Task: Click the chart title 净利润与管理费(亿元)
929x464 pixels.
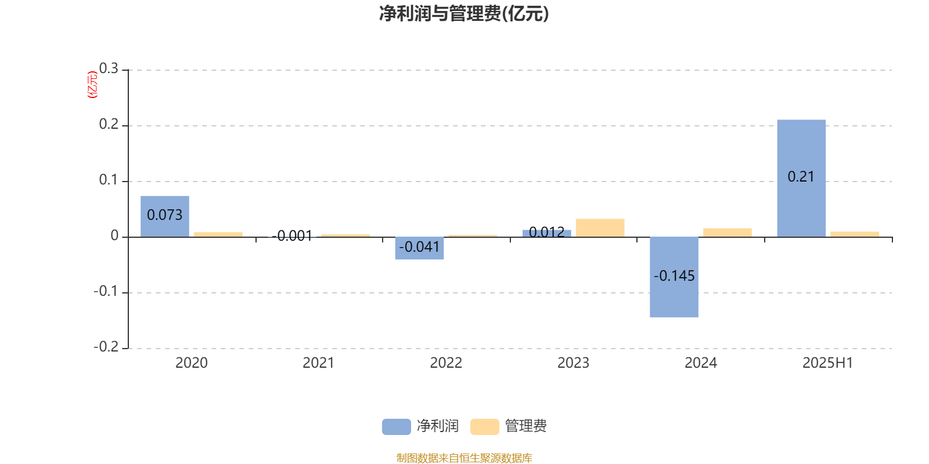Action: pos(464,13)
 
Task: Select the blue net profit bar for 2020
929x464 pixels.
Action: pos(165,216)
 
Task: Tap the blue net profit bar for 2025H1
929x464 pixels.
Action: pos(801,178)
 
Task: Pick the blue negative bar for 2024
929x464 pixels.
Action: pos(674,277)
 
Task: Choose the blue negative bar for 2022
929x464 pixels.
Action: pos(419,248)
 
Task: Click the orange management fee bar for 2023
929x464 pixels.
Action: pos(600,228)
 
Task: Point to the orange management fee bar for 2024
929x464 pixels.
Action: pos(728,233)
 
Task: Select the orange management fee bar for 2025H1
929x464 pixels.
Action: pos(855,234)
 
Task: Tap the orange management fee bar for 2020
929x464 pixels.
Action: pos(218,234)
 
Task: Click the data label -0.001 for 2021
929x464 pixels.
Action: pos(292,235)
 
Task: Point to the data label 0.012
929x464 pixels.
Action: pos(546,232)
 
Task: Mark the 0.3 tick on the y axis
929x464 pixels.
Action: pos(109,68)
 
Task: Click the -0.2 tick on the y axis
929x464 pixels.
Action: pos(106,346)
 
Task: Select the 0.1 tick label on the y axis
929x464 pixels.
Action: pos(109,179)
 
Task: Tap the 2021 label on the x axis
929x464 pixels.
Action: pos(318,363)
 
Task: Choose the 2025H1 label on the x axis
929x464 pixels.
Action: pos(827,363)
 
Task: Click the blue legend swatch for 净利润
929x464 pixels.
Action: pos(397,427)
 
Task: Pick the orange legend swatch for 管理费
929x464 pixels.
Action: pos(484,427)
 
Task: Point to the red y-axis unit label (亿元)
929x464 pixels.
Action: pos(92,85)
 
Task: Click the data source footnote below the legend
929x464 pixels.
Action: pos(464,458)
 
